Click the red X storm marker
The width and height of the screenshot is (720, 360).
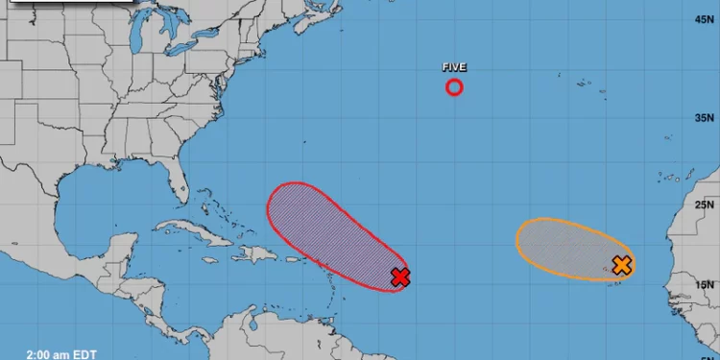[400, 277]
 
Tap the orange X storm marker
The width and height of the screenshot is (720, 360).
[621, 265]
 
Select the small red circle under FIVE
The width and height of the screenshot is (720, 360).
[454, 87]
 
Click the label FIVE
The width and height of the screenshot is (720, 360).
[454, 67]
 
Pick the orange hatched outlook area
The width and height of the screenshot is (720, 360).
[562, 248]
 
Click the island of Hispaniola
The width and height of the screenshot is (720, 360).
[254, 253]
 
